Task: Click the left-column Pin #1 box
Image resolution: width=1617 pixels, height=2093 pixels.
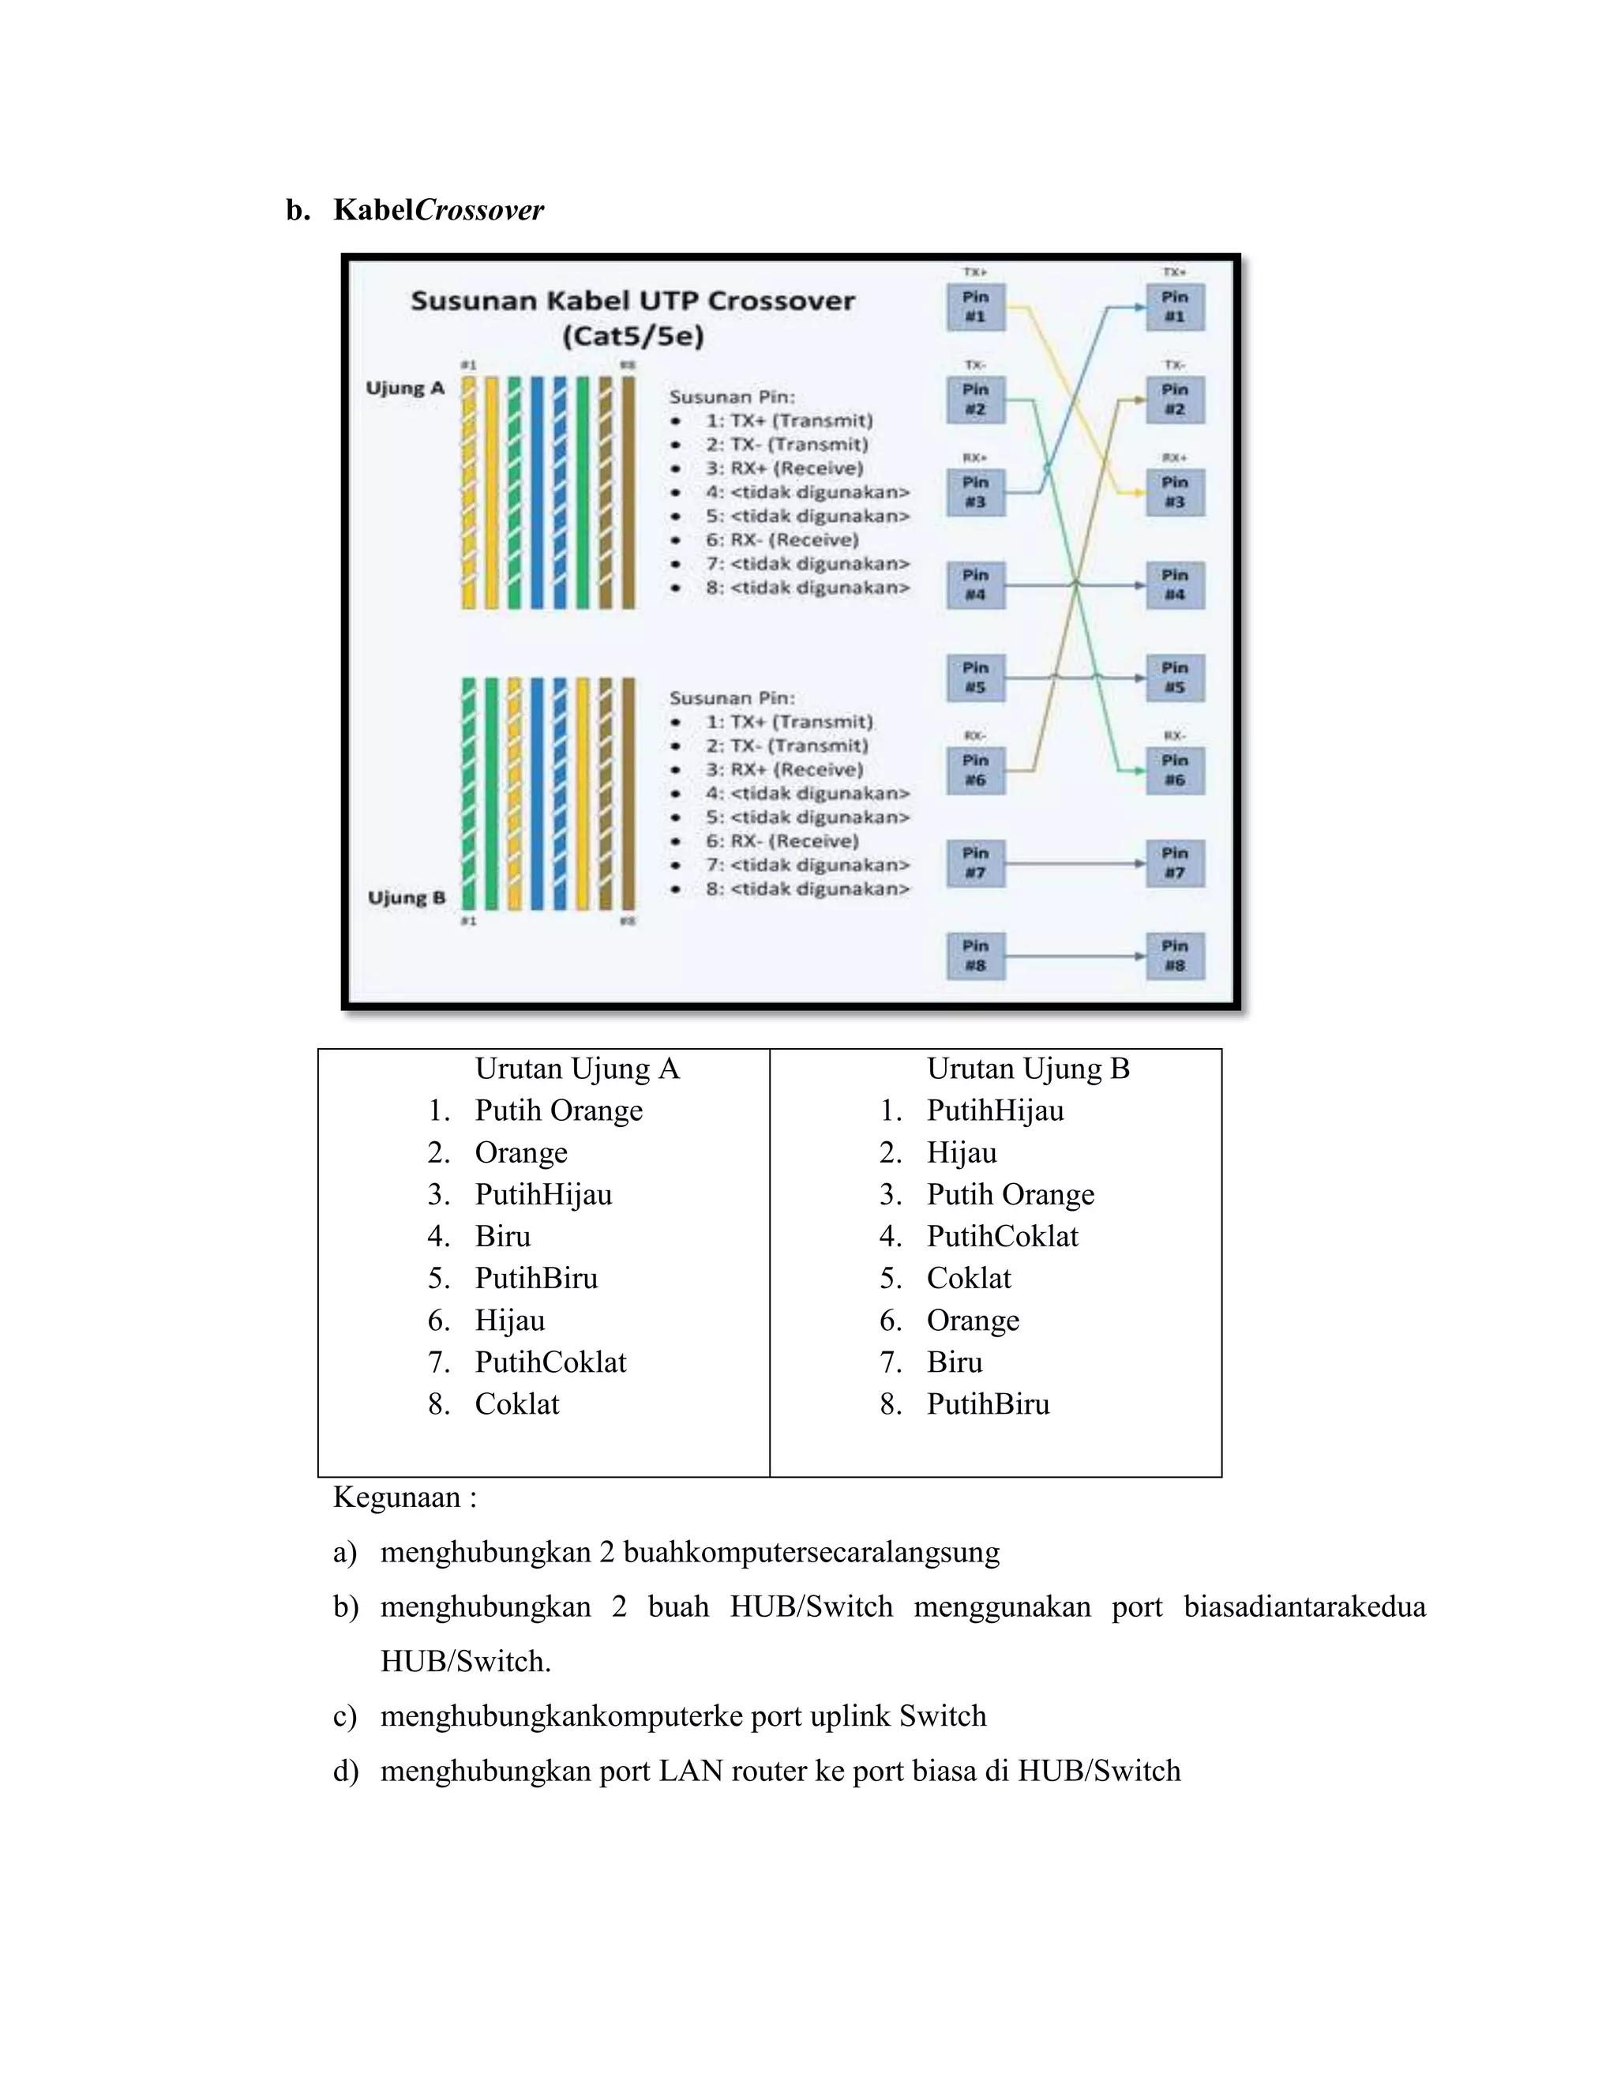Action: [x=975, y=306]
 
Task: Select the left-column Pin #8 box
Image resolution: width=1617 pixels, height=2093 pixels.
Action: [x=975, y=956]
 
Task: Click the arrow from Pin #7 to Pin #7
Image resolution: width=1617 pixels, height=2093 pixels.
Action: [x=1075, y=863]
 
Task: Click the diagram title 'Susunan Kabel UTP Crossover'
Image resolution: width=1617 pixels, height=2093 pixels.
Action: [x=632, y=301]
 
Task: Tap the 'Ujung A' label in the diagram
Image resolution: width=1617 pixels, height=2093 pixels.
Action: [x=405, y=388]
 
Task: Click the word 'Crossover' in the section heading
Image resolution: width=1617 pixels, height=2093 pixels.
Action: [x=479, y=210]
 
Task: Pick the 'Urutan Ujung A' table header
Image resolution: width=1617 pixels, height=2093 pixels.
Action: [x=576, y=1069]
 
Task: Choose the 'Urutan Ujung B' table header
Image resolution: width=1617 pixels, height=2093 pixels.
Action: [x=1028, y=1069]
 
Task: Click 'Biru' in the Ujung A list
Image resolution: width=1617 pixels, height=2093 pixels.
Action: [x=502, y=1236]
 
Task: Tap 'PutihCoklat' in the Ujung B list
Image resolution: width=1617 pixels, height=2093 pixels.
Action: [x=1002, y=1236]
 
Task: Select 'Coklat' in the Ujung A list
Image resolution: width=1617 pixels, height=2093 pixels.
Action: [x=516, y=1404]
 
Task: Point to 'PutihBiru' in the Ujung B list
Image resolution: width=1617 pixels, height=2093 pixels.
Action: [x=988, y=1404]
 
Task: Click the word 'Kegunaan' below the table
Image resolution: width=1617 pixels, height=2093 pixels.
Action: [x=396, y=1497]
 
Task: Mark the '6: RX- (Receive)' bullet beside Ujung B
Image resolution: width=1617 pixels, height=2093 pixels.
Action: [x=782, y=841]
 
